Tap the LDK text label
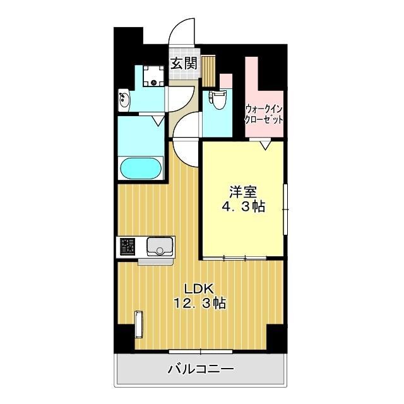tap(197, 288)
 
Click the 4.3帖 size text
tap(242, 206)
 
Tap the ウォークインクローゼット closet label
tap(264, 114)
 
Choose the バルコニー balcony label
tap(201, 370)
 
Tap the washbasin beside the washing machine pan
tap(124, 100)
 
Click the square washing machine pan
tap(152, 76)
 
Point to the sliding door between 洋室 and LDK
tap(242, 258)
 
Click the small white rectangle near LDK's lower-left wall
tap(139, 327)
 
